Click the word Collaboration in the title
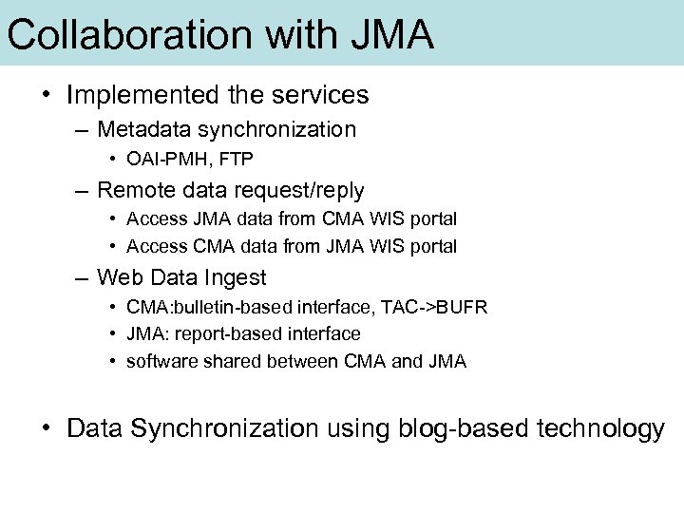[x=130, y=35]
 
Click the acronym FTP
[x=237, y=159]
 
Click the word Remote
[x=135, y=190]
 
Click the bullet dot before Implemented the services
[x=45, y=96]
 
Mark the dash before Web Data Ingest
[x=84, y=278]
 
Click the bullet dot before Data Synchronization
[x=45, y=429]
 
